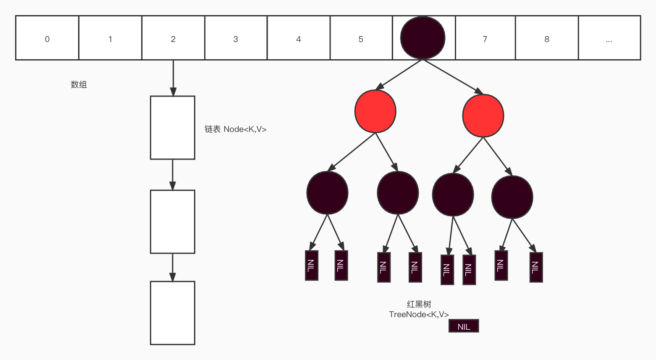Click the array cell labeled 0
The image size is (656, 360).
47,38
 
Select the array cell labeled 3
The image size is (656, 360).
236,38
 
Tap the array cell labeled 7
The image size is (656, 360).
485,38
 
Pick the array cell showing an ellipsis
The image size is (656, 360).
609,38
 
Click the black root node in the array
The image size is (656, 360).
422,38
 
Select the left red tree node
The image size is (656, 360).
375,111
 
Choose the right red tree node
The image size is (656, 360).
483,116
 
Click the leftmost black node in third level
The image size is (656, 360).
327,193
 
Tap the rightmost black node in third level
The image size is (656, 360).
512,197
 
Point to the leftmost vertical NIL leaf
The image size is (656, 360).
311,265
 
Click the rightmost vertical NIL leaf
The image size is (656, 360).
536,267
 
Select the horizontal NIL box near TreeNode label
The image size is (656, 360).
464,326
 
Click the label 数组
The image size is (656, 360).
79,84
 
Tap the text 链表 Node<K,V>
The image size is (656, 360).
236,129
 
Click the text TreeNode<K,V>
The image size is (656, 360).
419,314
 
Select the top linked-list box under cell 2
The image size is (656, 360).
173,128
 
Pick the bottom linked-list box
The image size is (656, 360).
173,313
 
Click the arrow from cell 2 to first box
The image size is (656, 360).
173,78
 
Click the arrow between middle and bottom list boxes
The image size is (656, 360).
173,267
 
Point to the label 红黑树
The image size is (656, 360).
419,304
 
